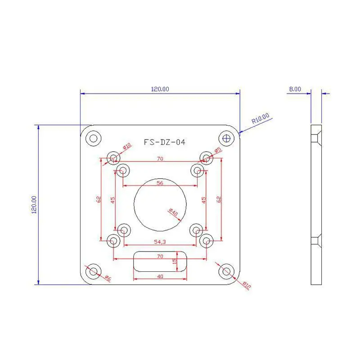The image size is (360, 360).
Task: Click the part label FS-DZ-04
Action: (164, 142)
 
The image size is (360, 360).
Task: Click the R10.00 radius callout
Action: (261, 118)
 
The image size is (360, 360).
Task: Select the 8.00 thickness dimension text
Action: (295, 89)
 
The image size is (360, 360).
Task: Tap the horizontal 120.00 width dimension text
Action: (160, 89)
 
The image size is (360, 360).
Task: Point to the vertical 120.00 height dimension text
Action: (34, 205)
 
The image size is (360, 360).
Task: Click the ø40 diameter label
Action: (173, 212)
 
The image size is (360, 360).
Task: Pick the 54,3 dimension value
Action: (160, 242)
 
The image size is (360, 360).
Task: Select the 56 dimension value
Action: (160, 183)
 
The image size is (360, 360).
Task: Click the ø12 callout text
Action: (247, 285)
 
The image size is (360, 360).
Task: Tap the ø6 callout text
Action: (108, 278)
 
